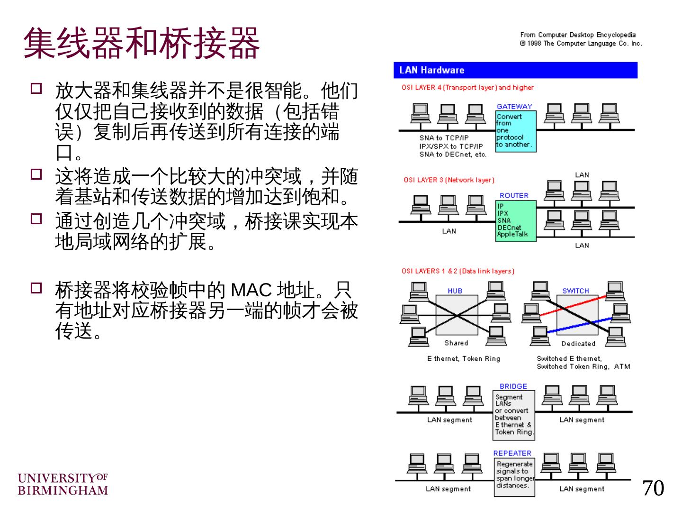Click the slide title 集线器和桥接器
pos(141,43)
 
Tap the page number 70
pos(653,488)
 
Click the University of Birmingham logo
pos(63,484)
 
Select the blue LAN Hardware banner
pos(515,70)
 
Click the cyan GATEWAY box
pos(516,131)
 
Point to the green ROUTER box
pos(516,220)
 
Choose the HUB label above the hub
pos(455,291)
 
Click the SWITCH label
pos(575,291)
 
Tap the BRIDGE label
pos(513,386)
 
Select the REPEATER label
pos(512,453)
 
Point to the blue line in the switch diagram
pos(578,326)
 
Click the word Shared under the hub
pos(456,343)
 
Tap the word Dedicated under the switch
pos(578,344)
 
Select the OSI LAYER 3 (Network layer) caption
pos(449,180)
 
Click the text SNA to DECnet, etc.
pos(452,155)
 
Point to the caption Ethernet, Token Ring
pos(463,359)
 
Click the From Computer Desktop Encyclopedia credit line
pos(577,35)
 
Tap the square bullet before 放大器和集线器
pos(36,89)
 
